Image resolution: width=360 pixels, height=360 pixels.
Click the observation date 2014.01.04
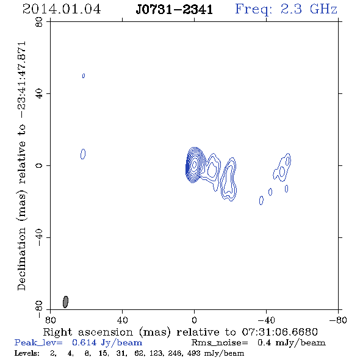pos(62,9)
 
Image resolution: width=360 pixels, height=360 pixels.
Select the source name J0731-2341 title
pos(174,10)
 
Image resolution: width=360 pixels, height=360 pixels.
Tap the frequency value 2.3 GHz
pos(309,9)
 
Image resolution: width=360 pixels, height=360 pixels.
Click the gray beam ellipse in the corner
pos(65,301)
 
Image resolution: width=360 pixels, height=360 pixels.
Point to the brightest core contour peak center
pos(195,164)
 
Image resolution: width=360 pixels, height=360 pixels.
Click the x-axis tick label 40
pos(122,320)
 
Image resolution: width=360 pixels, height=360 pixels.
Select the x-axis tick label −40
pos(266,320)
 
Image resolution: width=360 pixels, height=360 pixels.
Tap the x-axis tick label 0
pos(194,320)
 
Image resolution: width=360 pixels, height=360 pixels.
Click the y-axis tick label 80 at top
pos(39,22)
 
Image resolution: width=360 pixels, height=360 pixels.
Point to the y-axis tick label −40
pos(39,237)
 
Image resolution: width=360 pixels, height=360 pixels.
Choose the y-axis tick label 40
pos(39,94)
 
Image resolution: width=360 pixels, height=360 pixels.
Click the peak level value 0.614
pos(84,342)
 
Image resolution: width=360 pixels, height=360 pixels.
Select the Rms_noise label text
pos(220,343)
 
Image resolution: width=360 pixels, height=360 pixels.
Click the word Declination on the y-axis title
pos(21,259)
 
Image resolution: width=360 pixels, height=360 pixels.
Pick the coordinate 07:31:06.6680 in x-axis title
pos(279,332)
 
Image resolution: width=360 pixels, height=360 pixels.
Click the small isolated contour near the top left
pos(84,76)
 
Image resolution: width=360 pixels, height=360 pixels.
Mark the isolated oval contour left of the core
pos(83,154)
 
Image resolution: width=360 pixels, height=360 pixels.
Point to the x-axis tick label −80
pos(338,320)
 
